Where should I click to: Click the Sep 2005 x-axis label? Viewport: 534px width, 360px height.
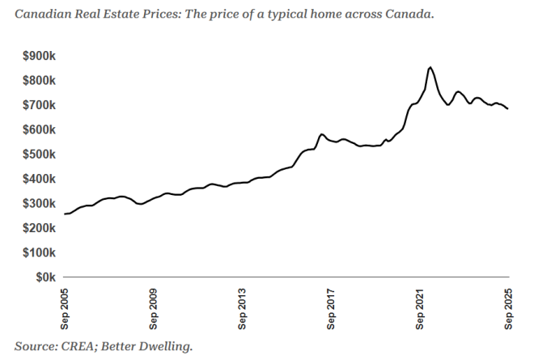[x=65, y=307]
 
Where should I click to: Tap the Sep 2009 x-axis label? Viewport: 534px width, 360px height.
[x=154, y=307]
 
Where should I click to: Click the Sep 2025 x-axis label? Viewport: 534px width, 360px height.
[x=509, y=307]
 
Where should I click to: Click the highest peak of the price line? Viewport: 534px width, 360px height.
[x=430, y=67]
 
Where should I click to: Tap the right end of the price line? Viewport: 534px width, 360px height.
[x=508, y=109]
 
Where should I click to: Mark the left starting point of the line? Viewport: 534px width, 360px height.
[x=65, y=214]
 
